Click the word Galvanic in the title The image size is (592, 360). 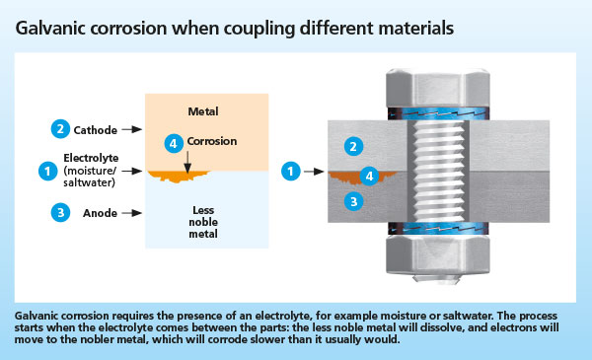pos(50,29)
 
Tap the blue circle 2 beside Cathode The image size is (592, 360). pos(60,128)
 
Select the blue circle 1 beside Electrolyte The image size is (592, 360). pos(48,171)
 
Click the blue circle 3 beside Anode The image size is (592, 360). pos(60,212)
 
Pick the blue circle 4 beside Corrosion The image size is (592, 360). pos(174,143)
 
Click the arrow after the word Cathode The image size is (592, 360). pos(132,129)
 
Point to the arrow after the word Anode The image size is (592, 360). pos(132,213)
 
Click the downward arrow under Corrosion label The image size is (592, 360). pos(187,163)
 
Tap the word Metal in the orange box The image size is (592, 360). pos(203,111)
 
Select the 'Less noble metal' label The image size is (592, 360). pos(203,222)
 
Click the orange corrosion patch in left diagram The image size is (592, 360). pos(178,177)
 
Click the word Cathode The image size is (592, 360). pos(95,130)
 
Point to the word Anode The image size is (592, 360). pos(100,213)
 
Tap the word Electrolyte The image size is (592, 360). pos(91,158)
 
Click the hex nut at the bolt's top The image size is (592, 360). pos(437,88)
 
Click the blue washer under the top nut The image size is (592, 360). pos(438,113)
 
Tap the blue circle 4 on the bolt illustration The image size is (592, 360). pos(369,176)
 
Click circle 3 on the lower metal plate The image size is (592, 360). pos(354,201)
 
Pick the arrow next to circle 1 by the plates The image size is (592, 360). pos(314,172)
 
